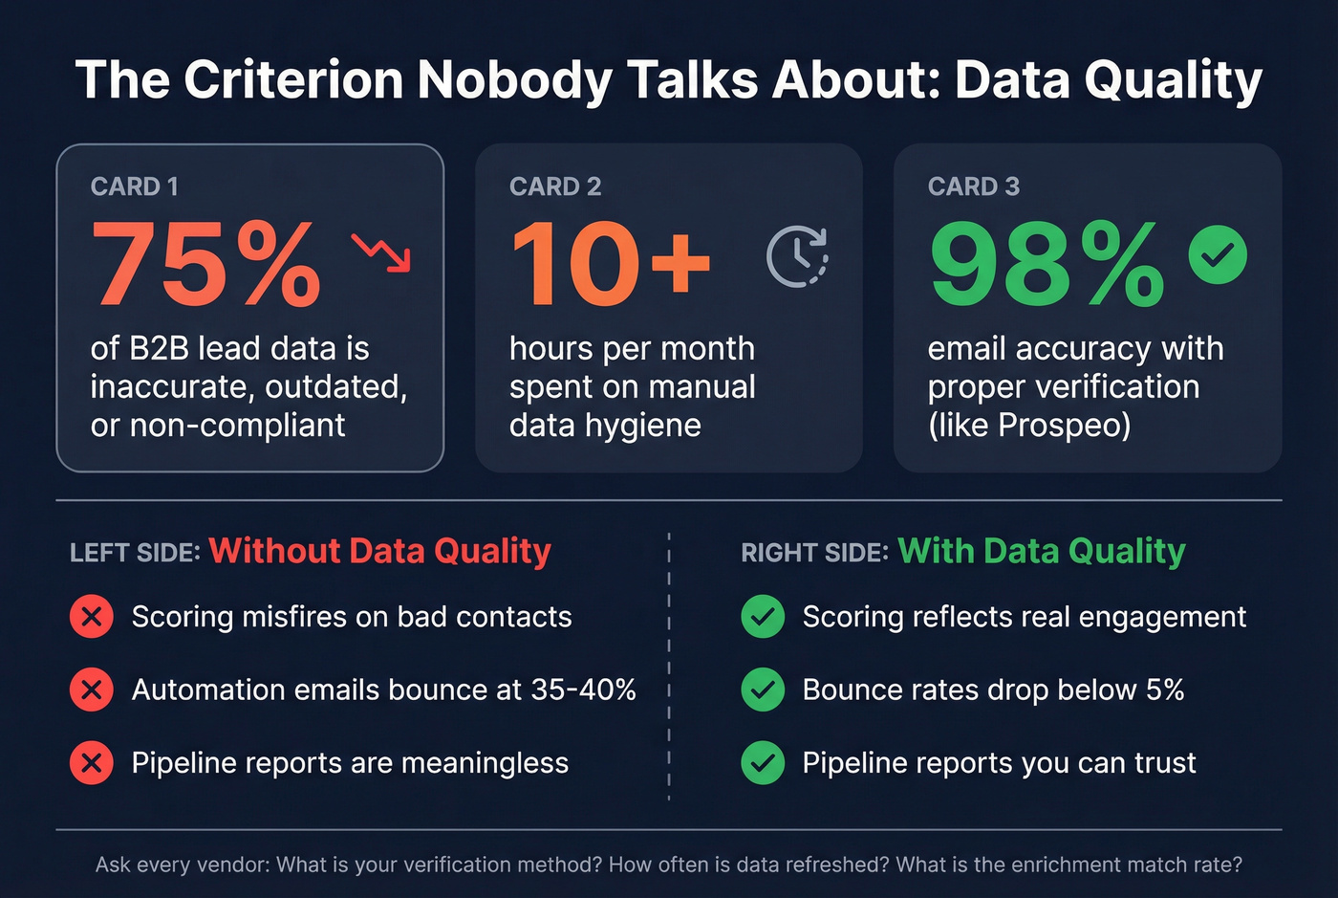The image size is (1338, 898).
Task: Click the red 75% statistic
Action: pyautogui.click(x=206, y=264)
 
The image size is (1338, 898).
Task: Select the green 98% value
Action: pyautogui.click(x=1047, y=264)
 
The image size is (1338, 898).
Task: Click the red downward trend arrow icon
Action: pyautogui.click(x=381, y=252)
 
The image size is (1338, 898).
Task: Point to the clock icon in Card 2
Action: pyautogui.click(x=797, y=256)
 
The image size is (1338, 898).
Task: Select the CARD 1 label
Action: pyautogui.click(x=134, y=186)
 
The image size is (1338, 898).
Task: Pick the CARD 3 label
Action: pyautogui.click(x=973, y=186)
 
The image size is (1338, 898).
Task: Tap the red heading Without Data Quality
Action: pyautogui.click(x=379, y=551)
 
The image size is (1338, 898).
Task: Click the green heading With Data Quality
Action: pyautogui.click(x=1041, y=551)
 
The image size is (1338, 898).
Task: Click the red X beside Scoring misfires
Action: pyautogui.click(x=92, y=617)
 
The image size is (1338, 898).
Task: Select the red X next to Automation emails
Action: pyautogui.click(x=92, y=690)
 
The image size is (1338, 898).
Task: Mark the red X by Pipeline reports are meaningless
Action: pyautogui.click(x=92, y=763)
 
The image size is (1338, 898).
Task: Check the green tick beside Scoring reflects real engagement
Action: pyautogui.click(x=763, y=617)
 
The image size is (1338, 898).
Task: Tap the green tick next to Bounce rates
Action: pyautogui.click(x=763, y=690)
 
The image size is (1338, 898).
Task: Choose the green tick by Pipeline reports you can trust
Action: pyautogui.click(x=763, y=763)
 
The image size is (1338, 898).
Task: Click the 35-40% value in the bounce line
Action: pyautogui.click(x=583, y=690)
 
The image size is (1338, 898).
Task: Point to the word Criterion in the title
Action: pyautogui.click(x=293, y=79)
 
